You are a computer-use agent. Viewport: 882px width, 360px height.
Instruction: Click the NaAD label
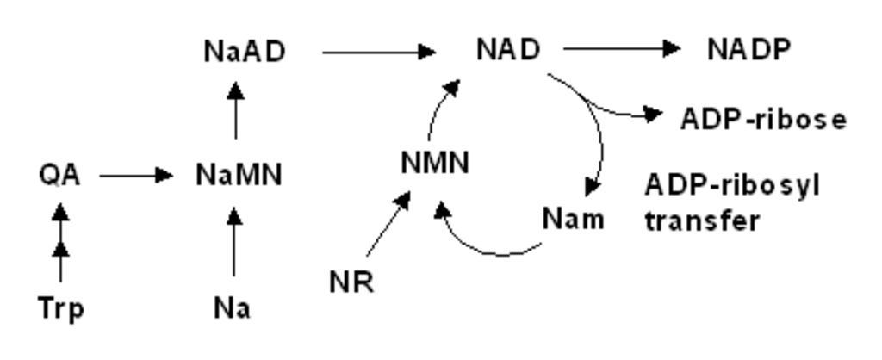click(245, 52)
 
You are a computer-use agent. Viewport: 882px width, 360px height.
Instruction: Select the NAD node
click(508, 49)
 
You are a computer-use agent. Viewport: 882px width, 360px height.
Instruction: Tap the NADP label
click(749, 49)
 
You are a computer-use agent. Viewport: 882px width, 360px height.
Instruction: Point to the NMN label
click(435, 163)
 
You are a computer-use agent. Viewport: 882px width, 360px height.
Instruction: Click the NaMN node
click(239, 175)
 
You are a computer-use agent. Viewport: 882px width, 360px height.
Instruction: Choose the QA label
click(59, 176)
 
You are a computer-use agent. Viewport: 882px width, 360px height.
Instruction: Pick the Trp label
click(61, 309)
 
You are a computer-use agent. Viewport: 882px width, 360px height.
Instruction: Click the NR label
click(351, 282)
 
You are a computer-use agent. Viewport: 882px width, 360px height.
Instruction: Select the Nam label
click(573, 218)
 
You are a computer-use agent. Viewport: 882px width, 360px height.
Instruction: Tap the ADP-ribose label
click(763, 119)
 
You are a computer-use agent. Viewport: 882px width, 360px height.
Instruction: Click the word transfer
click(702, 220)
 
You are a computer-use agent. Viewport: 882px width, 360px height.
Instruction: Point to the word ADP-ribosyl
click(732, 186)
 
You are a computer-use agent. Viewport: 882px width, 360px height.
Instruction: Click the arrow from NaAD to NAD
click(379, 53)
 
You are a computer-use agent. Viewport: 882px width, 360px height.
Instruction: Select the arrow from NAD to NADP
click(622, 49)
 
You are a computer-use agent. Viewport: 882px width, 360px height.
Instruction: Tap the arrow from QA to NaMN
click(136, 176)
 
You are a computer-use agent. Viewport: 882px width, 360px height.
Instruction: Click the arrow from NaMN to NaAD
click(236, 110)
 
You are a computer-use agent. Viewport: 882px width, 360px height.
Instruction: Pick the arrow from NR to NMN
click(388, 224)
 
